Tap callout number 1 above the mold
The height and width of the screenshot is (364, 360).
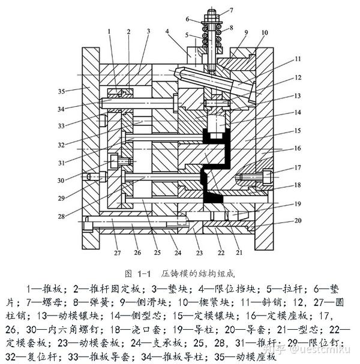coord(109,31)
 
